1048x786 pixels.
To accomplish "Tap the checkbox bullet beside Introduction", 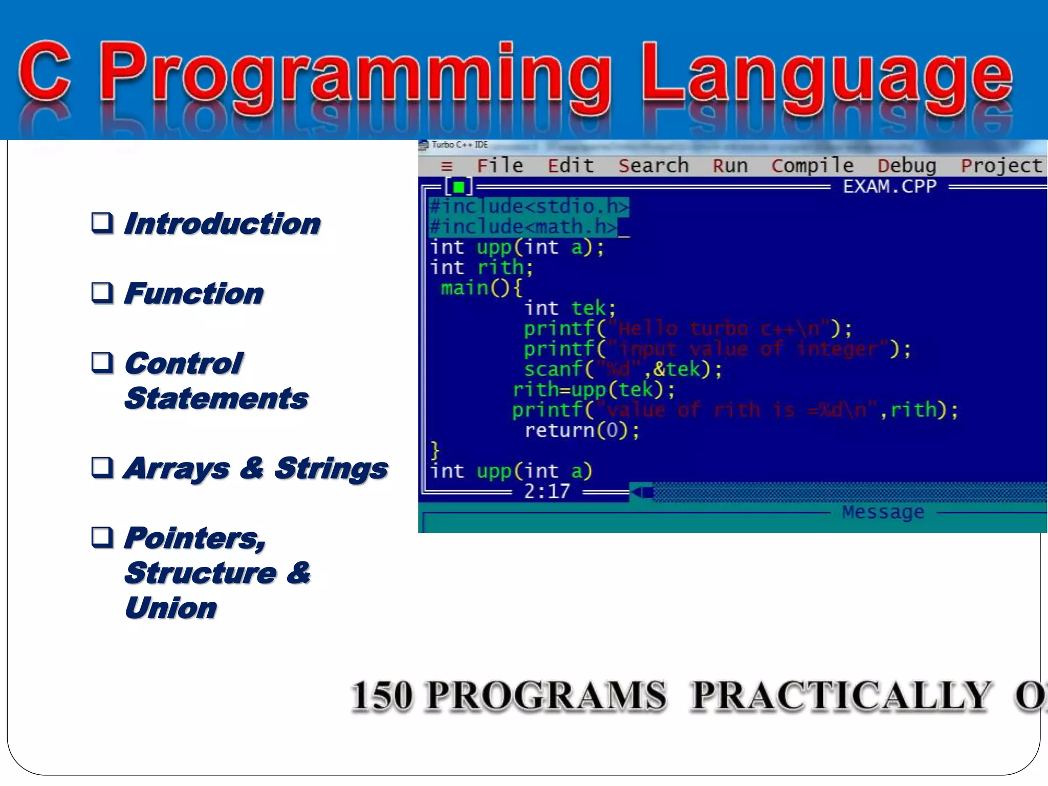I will [x=102, y=223].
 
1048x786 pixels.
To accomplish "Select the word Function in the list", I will [x=194, y=294].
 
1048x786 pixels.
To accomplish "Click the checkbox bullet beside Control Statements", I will [x=102, y=363].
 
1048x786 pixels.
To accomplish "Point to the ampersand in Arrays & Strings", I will [x=252, y=468].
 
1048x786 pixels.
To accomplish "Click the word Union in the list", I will [x=170, y=608].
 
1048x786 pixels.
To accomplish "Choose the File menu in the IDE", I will [x=500, y=166].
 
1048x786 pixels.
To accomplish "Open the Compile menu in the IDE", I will [x=813, y=166].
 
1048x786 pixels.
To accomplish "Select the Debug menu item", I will [x=907, y=166].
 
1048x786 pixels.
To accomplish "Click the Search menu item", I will [x=653, y=166].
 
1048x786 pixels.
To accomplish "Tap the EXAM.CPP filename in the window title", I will [x=889, y=187].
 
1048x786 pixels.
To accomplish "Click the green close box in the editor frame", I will [x=459, y=187].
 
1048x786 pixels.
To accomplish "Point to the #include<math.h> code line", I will [x=523, y=227].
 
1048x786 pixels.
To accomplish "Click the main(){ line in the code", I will [x=481, y=288].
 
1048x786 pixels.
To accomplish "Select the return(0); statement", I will [x=582, y=430].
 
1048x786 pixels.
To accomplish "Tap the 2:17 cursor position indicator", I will [x=547, y=492].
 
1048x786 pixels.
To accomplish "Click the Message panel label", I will [x=883, y=512].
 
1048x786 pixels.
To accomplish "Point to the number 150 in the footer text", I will [x=382, y=696].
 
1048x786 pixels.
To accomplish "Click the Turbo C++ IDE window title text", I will [x=459, y=145].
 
